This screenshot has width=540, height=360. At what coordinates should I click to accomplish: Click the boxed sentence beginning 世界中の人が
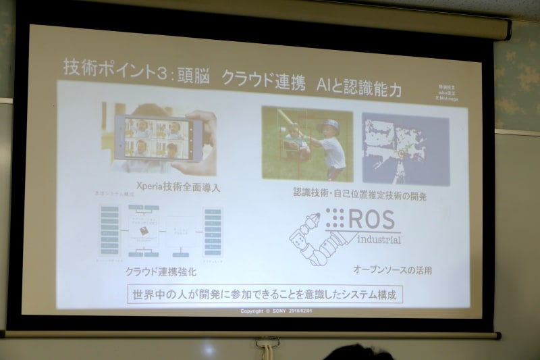click(265, 294)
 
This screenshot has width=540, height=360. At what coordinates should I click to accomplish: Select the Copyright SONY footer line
click(277, 311)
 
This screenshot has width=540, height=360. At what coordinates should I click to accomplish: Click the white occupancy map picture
click(405, 148)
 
